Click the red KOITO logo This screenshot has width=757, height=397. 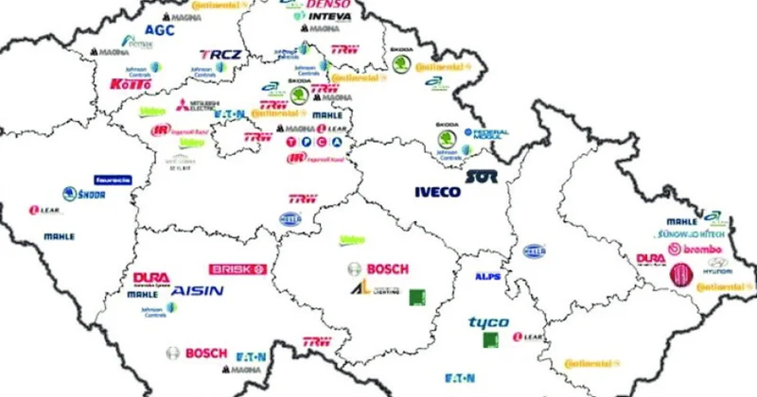click(x=130, y=84)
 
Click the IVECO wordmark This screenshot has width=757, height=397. click(x=438, y=192)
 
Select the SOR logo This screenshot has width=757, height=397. click(x=481, y=177)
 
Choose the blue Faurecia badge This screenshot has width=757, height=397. click(x=112, y=180)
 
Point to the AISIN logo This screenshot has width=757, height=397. click(x=197, y=291)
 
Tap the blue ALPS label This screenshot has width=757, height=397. click(x=487, y=277)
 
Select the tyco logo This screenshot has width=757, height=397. click(x=488, y=322)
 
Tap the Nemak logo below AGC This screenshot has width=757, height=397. click(x=140, y=43)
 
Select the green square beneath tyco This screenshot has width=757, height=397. click(x=491, y=339)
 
